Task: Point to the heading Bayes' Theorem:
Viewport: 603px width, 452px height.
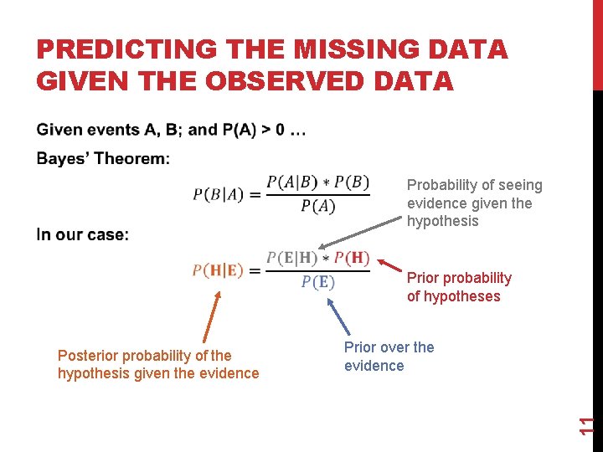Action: [103, 158]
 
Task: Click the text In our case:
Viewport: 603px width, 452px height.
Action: [83, 235]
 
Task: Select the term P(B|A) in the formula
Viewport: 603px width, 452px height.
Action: [218, 195]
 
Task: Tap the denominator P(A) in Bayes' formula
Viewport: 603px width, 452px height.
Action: [317, 206]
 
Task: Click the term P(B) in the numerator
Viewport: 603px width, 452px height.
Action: [352, 182]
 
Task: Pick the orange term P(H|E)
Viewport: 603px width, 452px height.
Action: [218, 270]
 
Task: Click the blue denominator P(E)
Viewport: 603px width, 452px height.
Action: [317, 282]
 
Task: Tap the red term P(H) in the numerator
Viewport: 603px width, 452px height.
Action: [352, 259]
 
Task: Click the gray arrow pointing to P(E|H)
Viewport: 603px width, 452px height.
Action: [360, 236]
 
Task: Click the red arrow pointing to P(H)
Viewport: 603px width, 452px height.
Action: [387, 269]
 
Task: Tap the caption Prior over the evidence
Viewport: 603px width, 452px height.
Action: [389, 357]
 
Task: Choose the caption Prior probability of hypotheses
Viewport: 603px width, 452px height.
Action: [458, 287]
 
